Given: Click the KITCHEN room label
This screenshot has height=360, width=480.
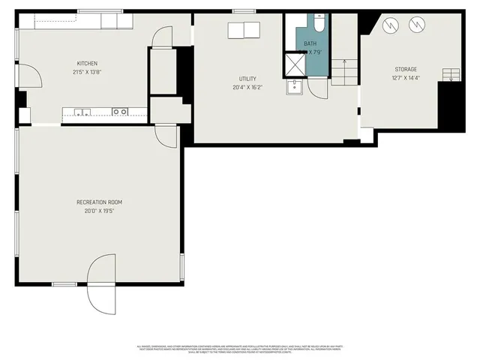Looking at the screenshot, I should tap(87, 63).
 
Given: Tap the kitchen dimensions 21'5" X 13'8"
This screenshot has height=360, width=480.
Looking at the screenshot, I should tap(87, 71).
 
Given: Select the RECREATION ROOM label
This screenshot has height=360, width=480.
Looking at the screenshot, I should tap(99, 202).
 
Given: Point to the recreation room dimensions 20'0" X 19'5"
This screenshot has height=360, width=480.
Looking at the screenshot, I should tap(99, 211).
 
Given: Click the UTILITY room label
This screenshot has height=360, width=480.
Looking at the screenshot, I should tap(248, 79).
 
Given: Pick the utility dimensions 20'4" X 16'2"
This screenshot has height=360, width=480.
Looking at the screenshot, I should tap(248, 87).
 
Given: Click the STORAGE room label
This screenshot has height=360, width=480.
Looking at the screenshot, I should tap(406, 70).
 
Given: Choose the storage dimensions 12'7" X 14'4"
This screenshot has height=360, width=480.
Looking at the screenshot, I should tap(406, 78).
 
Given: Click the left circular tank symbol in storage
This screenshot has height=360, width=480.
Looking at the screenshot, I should tap(389, 26).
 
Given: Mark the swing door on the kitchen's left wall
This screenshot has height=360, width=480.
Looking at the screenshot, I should tap(29, 76).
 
